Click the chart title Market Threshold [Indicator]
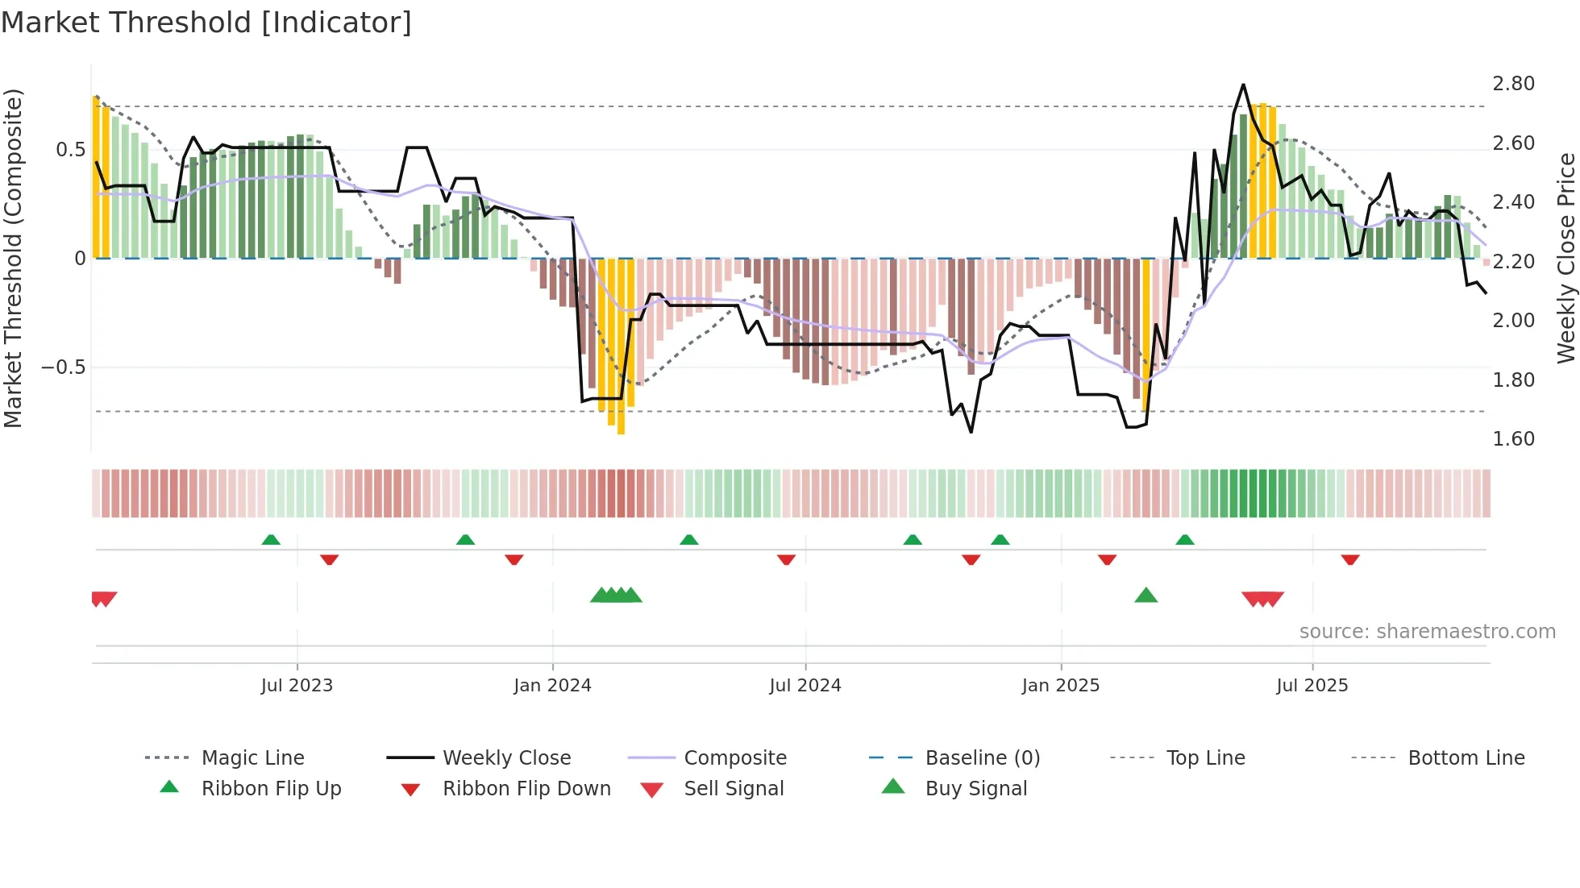pos(206,23)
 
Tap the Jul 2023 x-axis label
pos(297,686)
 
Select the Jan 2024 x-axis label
pos(552,686)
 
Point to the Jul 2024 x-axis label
pos(805,686)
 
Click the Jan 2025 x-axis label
pos(1060,686)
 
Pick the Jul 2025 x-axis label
pos(1312,686)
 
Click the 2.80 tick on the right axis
pos(1513,84)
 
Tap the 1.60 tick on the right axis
pos(1513,439)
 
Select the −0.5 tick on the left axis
pos(63,367)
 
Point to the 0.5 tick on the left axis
pos(70,150)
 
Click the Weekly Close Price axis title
pos(1565,258)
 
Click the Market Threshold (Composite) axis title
pos(13,258)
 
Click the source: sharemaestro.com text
pos(1427,632)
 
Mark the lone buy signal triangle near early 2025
pos(1145,596)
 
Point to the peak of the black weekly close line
pos(1243,85)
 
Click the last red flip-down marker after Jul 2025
pos(1350,559)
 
